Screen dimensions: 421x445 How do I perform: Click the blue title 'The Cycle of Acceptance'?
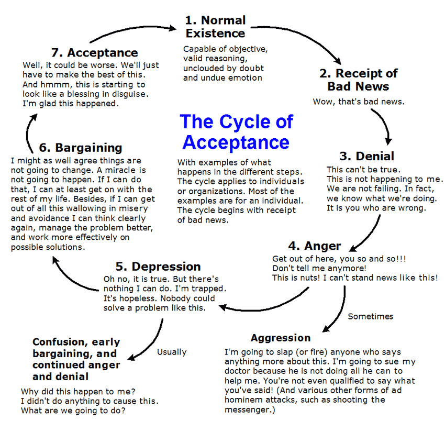point(236,132)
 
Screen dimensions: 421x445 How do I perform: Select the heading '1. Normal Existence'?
point(215,27)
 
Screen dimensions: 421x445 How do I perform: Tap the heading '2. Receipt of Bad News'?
point(359,80)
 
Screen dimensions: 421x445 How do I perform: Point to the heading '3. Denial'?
point(367,156)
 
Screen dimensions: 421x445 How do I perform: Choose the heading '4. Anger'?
point(314,246)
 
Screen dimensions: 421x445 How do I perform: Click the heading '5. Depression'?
point(158,267)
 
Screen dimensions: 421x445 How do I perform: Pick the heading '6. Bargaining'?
point(81,148)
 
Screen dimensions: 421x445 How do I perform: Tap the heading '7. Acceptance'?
point(95,52)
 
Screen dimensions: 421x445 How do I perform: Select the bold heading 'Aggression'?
point(281,337)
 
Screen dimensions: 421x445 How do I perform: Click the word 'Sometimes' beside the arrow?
point(370,316)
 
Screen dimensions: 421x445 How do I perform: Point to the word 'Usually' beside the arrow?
point(172,352)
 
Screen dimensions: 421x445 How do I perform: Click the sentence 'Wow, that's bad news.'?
point(359,101)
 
